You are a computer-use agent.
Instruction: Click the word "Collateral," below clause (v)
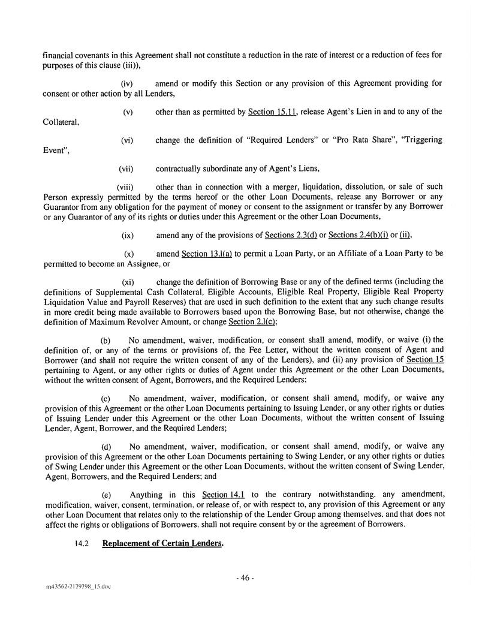[x=62, y=121]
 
